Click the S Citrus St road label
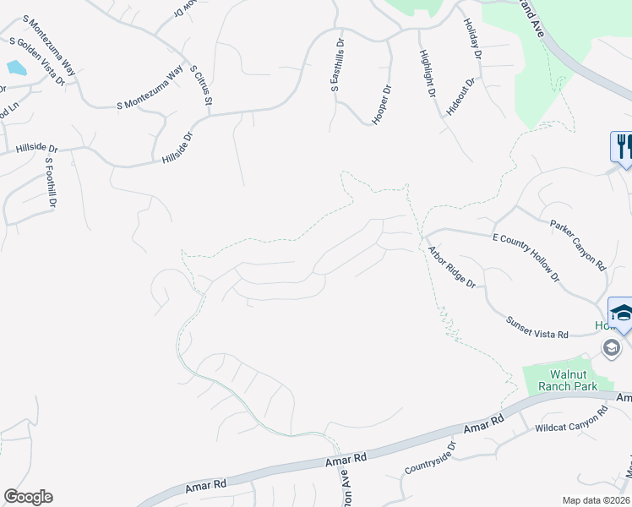pyautogui.click(x=199, y=85)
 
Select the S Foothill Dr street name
pyautogui.click(x=51, y=183)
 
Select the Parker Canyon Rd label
pyautogui.click(x=579, y=245)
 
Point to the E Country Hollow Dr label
pyautogui.click(x=526, y=258)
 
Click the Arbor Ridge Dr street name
pyautogui.click(x=452, y=266)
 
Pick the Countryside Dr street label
pyautogui.click(x=430, y=457)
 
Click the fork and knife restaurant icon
pyautogui.click(x=624, y=146)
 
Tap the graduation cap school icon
pyautogui.click(x=622, y=313)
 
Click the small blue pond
pyautogui.click(x=16, y=68)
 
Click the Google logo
pyautogui.click(x=28, y=497)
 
